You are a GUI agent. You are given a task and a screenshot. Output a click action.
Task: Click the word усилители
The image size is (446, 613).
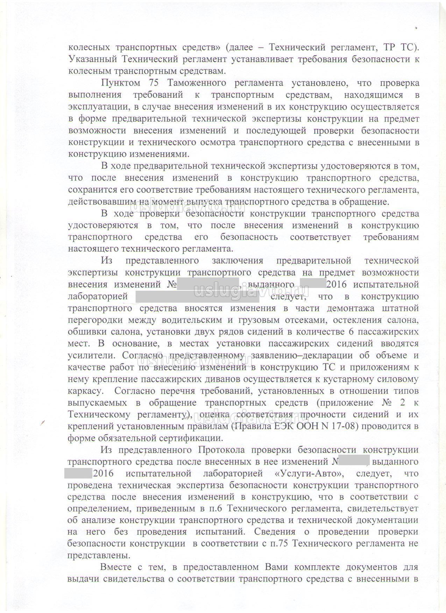coord(92,356)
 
